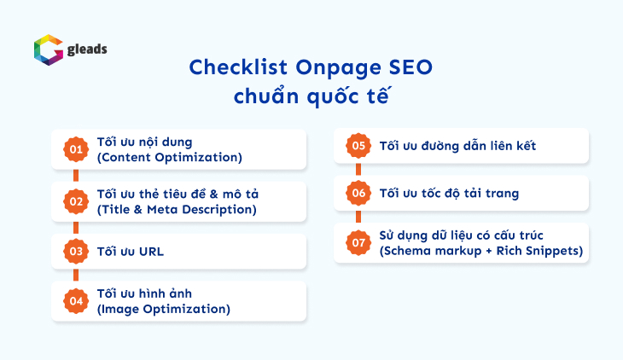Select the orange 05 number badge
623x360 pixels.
pyautogui.click(x=358, y=146)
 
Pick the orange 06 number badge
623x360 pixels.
pyautogui.click(x=358, y=194)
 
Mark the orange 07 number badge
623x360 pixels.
pyautogui.click(x=358, y=243)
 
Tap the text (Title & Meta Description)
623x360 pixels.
pyautogui.click(x=177, y=209)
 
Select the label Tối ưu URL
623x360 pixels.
pyautogui.click(x=131, y=252)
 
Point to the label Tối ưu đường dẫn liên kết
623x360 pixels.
pyautogui.click(x=457, y=146)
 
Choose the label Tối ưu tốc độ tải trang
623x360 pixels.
pyautogui.click(x=449, y=194)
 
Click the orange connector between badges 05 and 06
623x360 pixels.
pyautogui.click(x=358, y=170)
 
